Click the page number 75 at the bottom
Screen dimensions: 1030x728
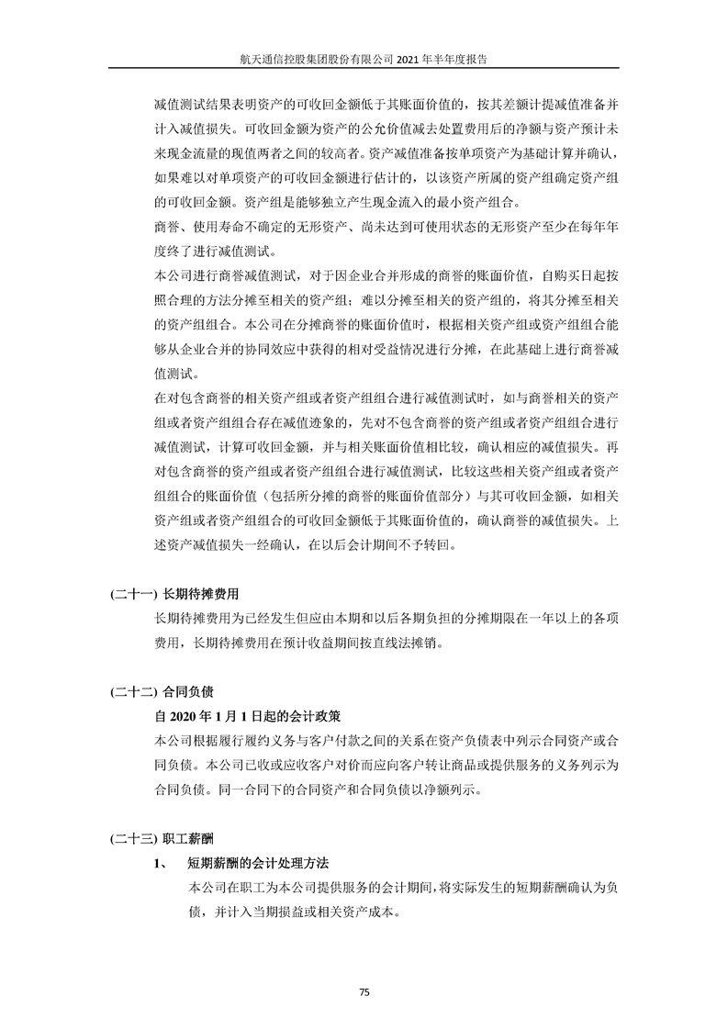pyautogui.click(x=364, y=992)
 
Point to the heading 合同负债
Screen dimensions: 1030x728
pyautogui.click(x=188, y=689)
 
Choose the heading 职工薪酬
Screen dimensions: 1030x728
pyautogui.click(x=188, y=838)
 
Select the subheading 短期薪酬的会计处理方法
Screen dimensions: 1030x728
pyautogui.click(x=258, y=864)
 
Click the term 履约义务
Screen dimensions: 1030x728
pyautogui.click(x=266, y=739)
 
